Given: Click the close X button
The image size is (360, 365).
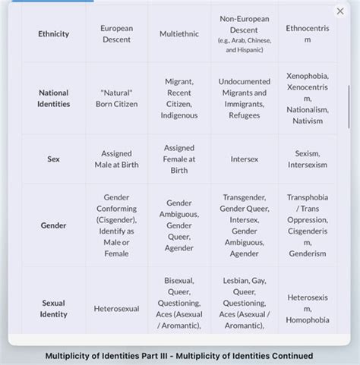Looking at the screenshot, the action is click(x=339, y=11).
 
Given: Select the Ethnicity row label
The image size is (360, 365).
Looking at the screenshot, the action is click(x=54, y=34).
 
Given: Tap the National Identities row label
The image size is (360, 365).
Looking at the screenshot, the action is click(x=54, y=98).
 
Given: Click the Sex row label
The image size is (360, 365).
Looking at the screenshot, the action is click(x=54, y=159).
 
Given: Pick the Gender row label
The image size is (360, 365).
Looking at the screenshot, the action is click(x=54, y=225).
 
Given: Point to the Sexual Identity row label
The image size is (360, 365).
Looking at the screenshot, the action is click(x=54, y=308).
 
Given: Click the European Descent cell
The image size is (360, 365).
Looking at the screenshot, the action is click(x=116, y=33).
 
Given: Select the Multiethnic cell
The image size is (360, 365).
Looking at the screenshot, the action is click(x=179, y=34).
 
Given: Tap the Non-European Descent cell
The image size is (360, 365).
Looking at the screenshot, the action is click(x=244, y=33).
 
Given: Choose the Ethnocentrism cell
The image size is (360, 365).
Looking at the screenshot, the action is click(x=308, y=33).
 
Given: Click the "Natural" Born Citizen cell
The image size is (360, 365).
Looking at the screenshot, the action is click(x=116, y=98).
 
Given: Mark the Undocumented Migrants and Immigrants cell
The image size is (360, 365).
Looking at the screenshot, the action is click(x=244, y=98).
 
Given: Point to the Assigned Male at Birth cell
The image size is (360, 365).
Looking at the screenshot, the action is click(x=116, y=159).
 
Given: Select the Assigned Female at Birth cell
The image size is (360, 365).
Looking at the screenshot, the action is click(x=179, y=159).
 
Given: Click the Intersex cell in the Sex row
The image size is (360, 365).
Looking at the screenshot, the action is click(x=244, y=159).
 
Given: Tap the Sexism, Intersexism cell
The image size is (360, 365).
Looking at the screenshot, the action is click(x=308, y=159).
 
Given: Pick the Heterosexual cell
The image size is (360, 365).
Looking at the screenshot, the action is click(x=116, y=309).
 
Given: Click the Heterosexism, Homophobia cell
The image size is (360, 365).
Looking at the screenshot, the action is click(x=308, y=308).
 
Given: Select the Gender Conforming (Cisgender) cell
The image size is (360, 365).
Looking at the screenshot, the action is click(x=116, y=225).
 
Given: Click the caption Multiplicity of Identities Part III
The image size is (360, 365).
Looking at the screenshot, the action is click(x=179, y=355).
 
